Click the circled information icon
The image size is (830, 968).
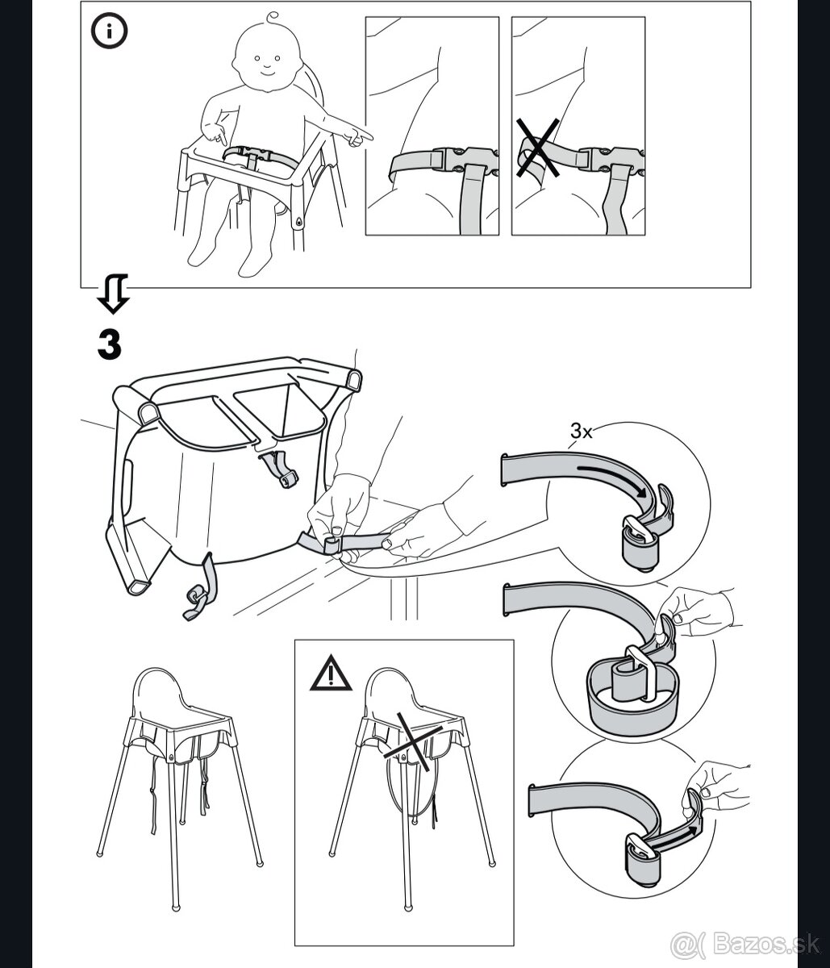pyautogui.click(x=109, y=31)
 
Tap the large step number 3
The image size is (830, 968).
pyautogui.click(x=110, y=344)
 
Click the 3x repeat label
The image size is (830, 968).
pyautogui.click(x=582, y=431)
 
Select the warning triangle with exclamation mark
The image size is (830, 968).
pyautogui.click(x=331, y=673)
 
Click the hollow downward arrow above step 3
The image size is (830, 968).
pyautogui.click(x=113, y=293)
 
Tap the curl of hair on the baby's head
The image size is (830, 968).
pyautogui.click(x=272, y=19)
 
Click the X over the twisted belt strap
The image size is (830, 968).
pyautogui.click(x=538, y=148)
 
